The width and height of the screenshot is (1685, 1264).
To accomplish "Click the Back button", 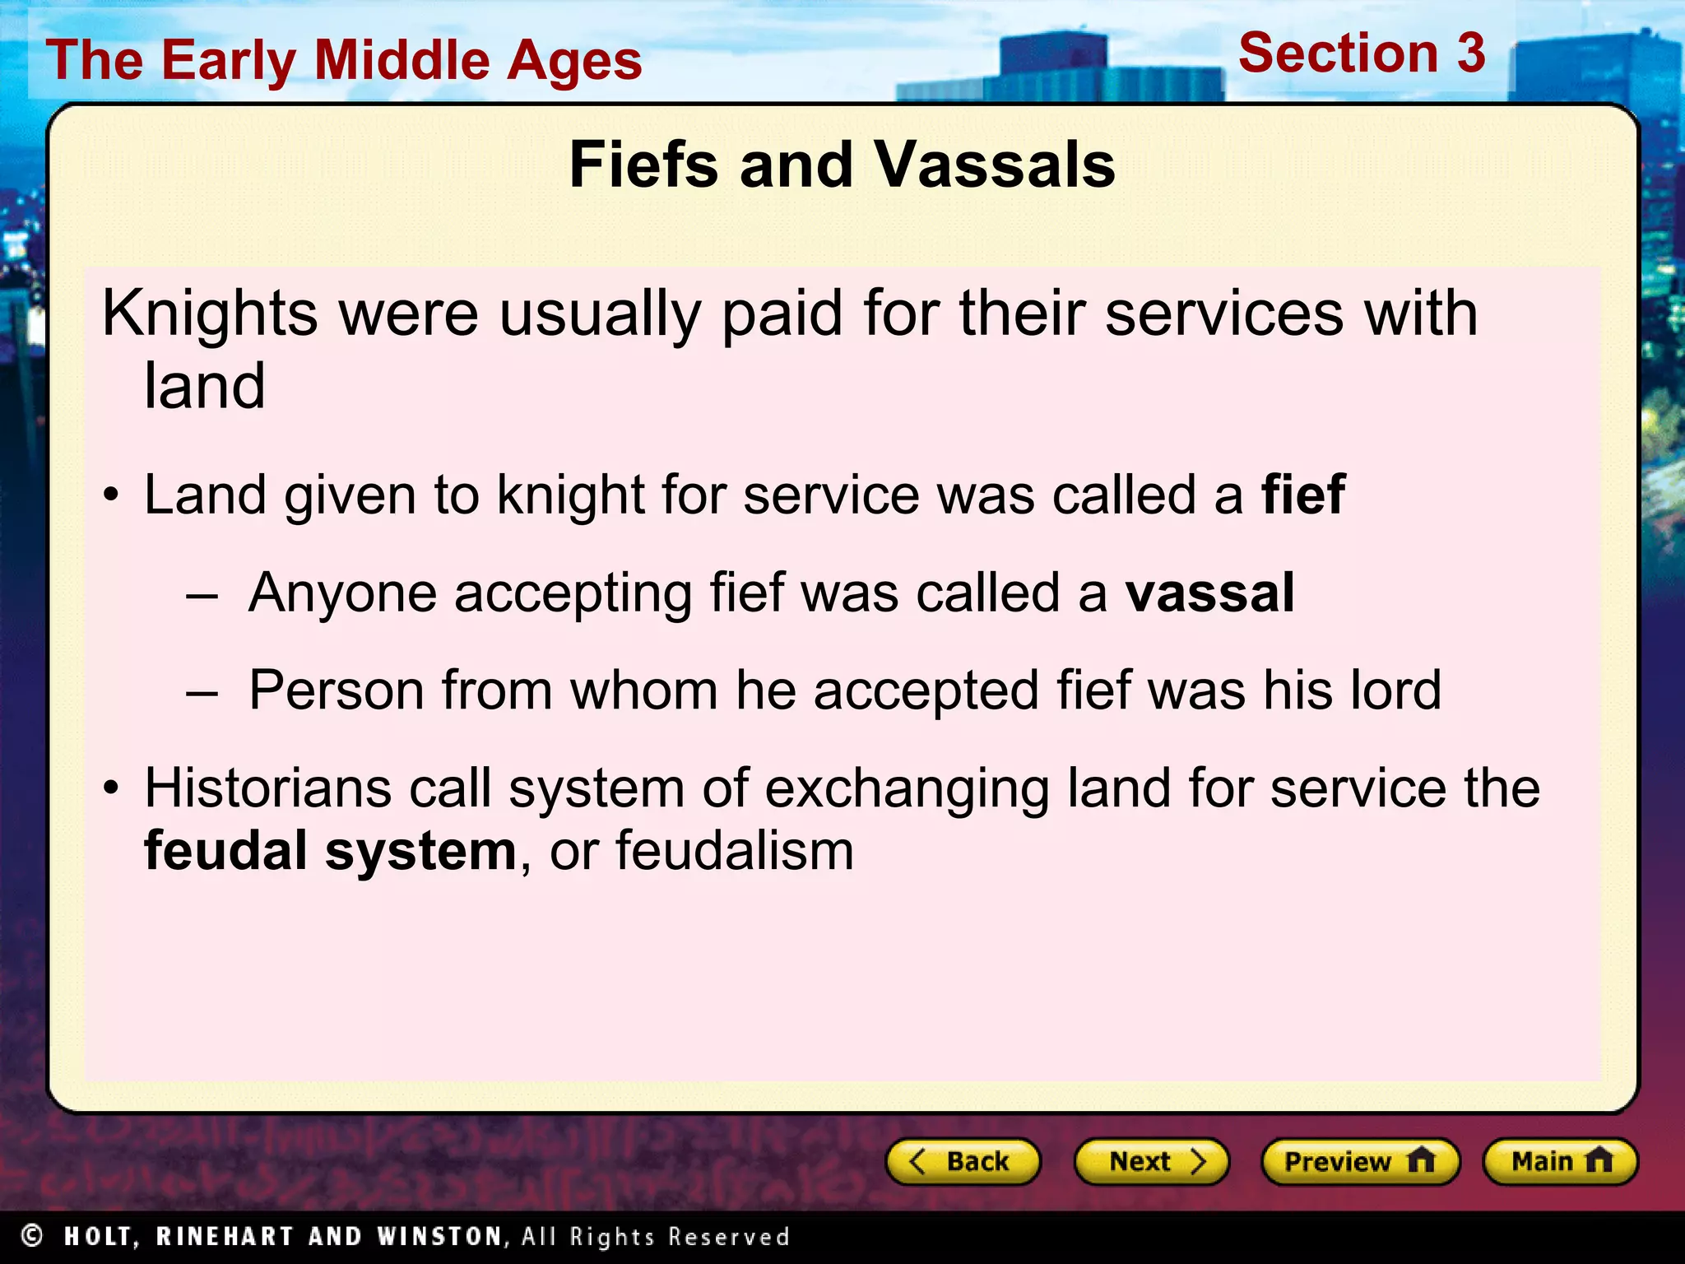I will point(963,1161).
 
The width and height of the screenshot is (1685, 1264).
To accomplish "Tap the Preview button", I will point(1359,1161).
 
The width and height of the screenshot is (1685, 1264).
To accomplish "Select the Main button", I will point(1560,1161).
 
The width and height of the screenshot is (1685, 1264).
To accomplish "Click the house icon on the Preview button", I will point(1420,1160).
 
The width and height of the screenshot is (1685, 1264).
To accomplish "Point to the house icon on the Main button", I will point(1599,1160).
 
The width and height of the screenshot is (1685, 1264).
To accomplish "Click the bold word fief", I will point(1303,495).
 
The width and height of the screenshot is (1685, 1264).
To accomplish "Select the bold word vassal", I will point(1209,592).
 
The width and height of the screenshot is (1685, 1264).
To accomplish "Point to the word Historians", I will point(267,788).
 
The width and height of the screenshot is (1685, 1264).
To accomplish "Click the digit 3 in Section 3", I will point(1470,53).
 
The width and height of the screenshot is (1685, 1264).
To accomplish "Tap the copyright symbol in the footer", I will point(32,1235).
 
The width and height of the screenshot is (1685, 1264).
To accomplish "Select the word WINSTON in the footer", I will point(439,1236).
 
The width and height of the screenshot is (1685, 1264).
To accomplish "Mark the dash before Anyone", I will point(202,594).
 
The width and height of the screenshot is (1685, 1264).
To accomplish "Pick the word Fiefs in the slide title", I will point(643,165).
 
